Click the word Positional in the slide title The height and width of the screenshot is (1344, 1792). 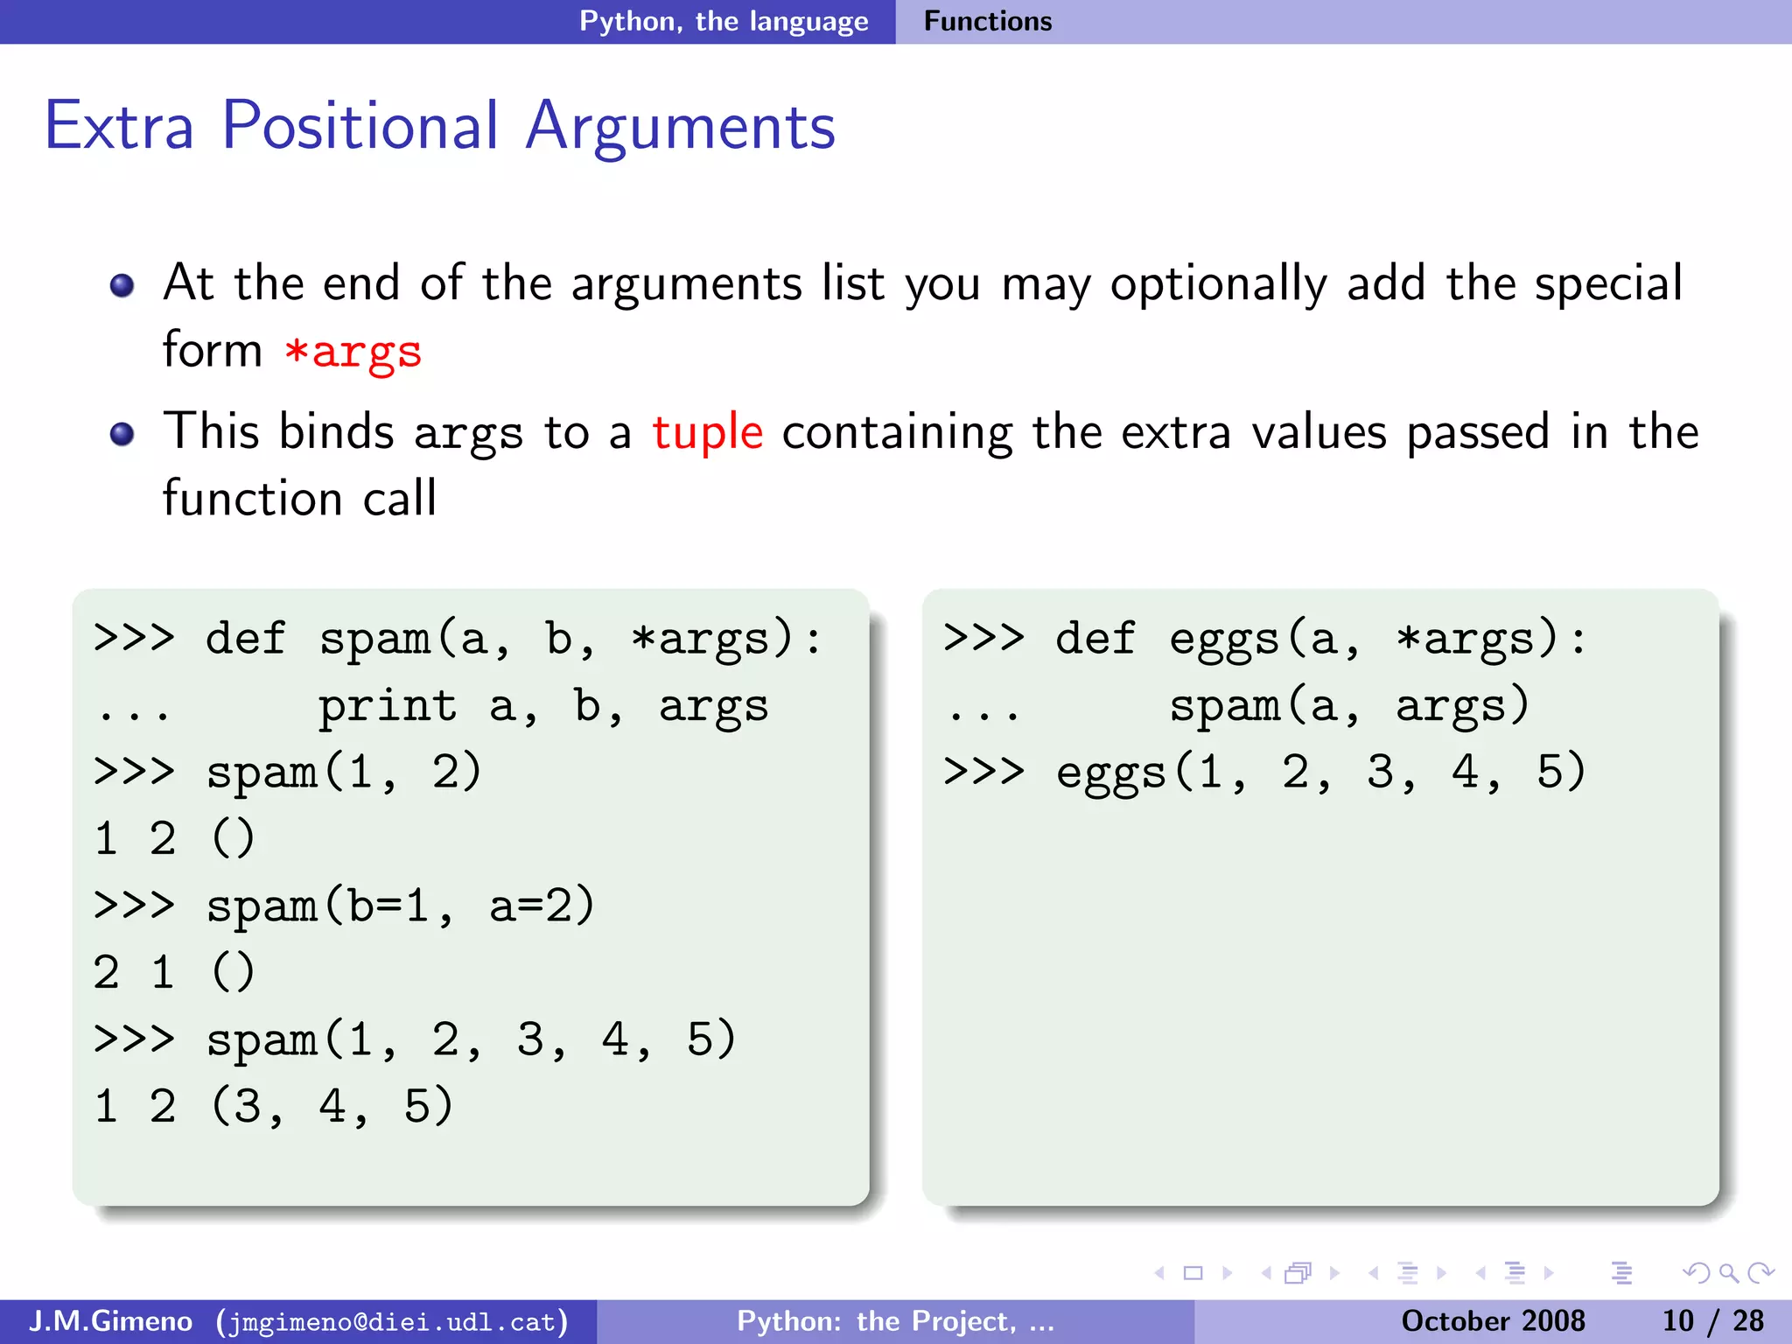click(360, 127)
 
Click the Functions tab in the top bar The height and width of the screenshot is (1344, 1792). click(987, 21)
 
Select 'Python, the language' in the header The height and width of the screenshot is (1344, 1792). click(724, 21)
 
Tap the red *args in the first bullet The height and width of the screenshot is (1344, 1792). click(353, 352)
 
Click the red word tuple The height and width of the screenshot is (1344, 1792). click(707, 432)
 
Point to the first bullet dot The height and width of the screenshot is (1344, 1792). click(122, 285)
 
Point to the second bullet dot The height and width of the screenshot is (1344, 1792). click(122, 434)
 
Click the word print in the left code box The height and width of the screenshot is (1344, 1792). click(387, 705)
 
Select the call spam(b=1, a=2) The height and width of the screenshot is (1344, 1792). click(400, 906)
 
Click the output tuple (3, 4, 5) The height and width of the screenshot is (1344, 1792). click(332, 1106)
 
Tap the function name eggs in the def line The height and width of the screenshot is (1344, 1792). click(1224, 639)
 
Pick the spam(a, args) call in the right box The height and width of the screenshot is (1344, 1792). click(1349, 705)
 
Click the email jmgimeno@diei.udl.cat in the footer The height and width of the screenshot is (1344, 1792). click(392, 1321)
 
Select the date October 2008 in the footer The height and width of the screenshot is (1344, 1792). click(1493, 1320)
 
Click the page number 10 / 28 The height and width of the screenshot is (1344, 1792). click(1712, 1320)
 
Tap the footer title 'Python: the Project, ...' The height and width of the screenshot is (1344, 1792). click(895, 1320)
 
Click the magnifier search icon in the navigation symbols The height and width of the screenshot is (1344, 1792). click(1728, 1273)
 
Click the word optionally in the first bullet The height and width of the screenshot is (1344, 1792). click(1219, 285)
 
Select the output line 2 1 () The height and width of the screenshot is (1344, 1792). click(173, 972)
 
